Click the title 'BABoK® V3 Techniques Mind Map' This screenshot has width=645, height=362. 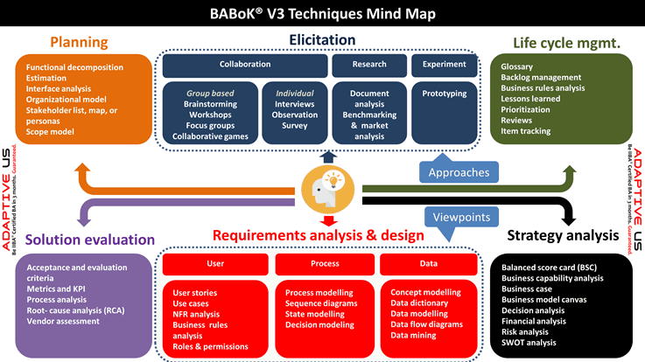(x=322, y=14)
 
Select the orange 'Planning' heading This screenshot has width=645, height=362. (x=79, y=42)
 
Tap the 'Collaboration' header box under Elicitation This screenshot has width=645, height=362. (x=244, y=64)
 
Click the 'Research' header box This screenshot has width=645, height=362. (x=369, y=64)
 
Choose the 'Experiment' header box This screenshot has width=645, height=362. (x=445, y=64)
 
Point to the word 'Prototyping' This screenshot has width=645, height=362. (x=445, y=93)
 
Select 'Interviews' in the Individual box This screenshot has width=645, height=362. (x=295, y=103)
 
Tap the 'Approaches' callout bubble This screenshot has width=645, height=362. (x=459, y=172)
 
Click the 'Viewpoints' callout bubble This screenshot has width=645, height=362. (x=459, y=216)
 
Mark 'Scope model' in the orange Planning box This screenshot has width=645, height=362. (x=50, y=131)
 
